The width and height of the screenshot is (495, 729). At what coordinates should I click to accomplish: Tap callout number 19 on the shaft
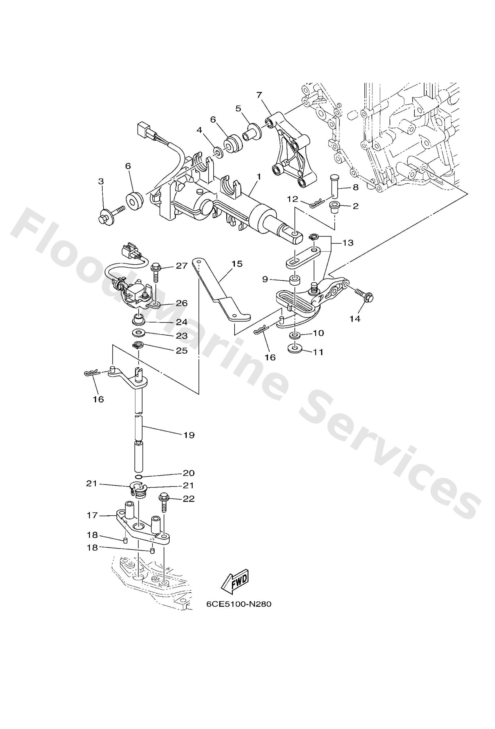[189, 435]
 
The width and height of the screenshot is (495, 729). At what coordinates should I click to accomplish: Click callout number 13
[348, 242]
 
